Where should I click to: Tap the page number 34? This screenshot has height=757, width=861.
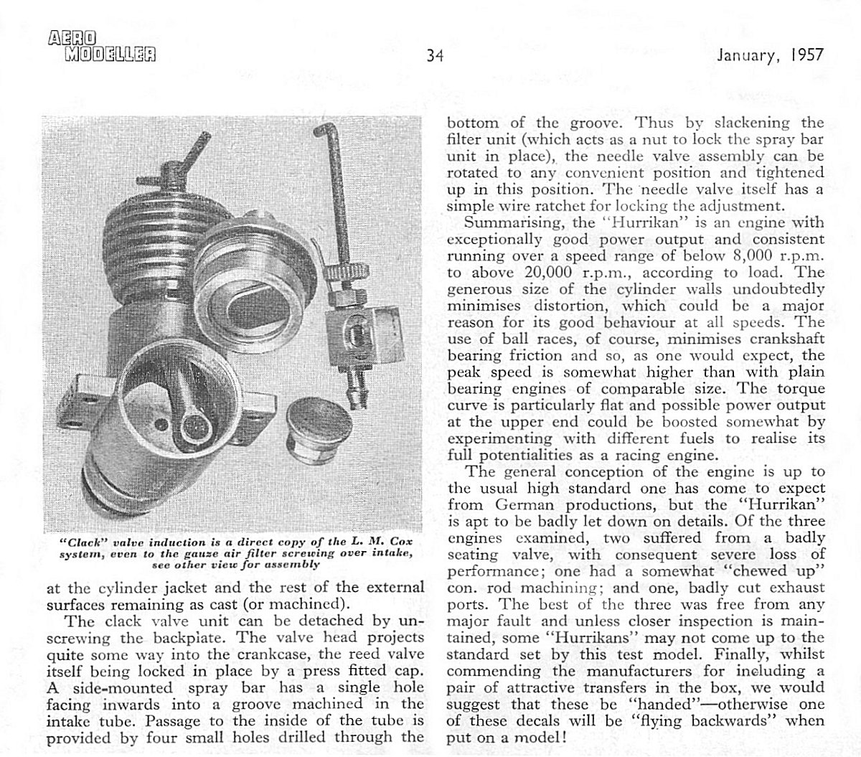pyautogui.click(x=435, y=55)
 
